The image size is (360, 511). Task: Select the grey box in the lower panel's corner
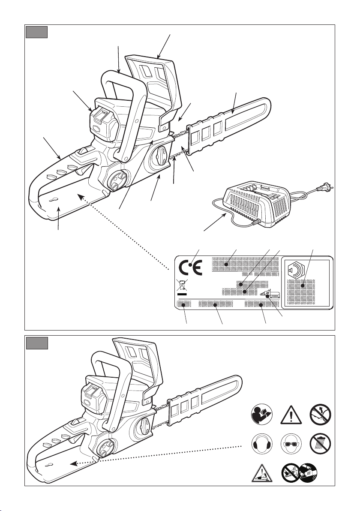pyautogui.click(x=36, y=343)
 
